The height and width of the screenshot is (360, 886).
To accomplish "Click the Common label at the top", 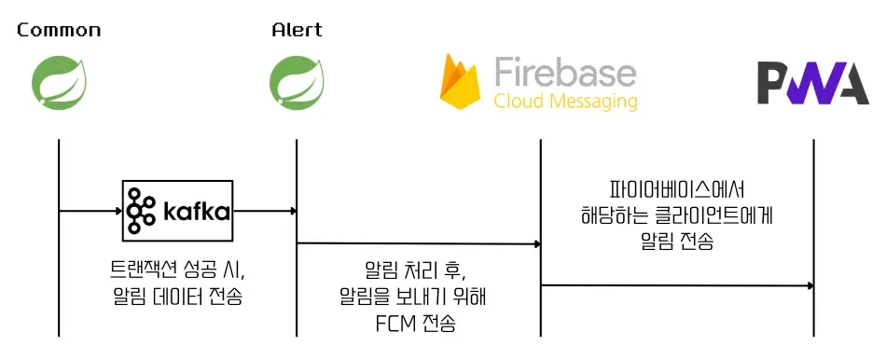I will [x=59, y=30].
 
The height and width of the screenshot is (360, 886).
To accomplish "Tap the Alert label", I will [x=297, y=30].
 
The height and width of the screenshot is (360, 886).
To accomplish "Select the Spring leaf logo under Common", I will [x=58, y=80].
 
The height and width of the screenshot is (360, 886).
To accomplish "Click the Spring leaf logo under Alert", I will [x=297, y=80].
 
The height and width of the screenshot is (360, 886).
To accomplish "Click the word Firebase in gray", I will [x=564, y=72].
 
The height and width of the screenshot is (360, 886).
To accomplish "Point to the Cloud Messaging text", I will [x=565, y=101].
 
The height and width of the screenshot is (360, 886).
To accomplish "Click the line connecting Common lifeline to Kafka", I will [x=90, y=211].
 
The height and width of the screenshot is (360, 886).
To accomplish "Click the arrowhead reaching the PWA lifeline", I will [x=810, y=285].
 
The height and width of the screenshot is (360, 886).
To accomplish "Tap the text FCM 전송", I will [x=418, y=325].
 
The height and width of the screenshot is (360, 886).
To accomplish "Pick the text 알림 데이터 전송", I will [x=177, y=298].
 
